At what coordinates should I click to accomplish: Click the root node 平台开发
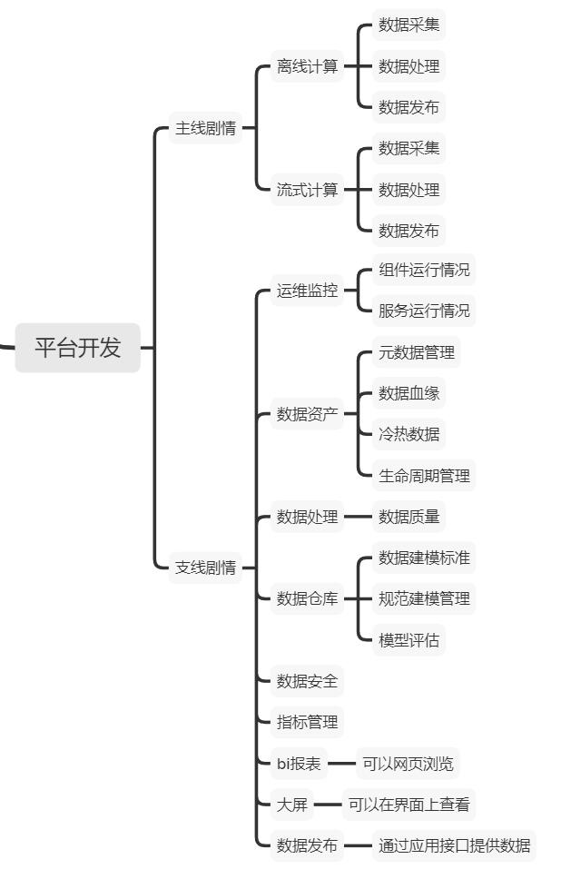(78, 348)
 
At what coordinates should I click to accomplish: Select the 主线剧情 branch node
(205, 128)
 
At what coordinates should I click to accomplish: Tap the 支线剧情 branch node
(205, 568)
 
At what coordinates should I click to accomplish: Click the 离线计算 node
(307, 66)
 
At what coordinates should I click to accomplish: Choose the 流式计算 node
(307, 190)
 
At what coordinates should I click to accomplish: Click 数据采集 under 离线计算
(409, 25)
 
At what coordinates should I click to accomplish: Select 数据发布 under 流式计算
(409, 231)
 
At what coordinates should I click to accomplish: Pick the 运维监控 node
(307, 291)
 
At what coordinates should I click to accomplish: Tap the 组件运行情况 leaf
(424, 270)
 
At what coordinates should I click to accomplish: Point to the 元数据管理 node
(417, 351)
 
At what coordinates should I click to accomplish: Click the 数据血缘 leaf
(409, 393)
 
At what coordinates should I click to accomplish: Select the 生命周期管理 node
(424, 475)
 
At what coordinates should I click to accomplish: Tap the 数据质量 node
(409, 517)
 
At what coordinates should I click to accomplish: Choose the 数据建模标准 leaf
(424, 558)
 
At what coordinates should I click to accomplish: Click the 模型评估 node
(409, 640)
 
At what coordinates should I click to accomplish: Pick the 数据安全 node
(307, 681)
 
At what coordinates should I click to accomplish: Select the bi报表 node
(299, 764)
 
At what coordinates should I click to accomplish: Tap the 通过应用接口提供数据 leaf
(454, 845)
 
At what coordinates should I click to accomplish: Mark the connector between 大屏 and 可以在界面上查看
(327, 805)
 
